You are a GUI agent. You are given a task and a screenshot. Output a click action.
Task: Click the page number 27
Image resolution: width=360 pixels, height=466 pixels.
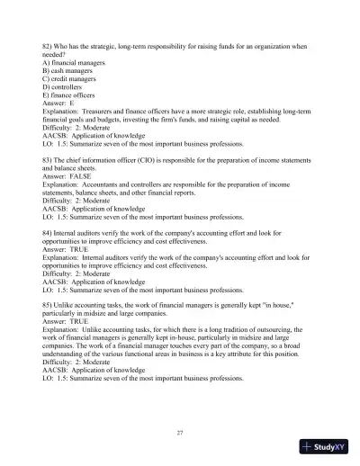[x=180, y=433]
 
